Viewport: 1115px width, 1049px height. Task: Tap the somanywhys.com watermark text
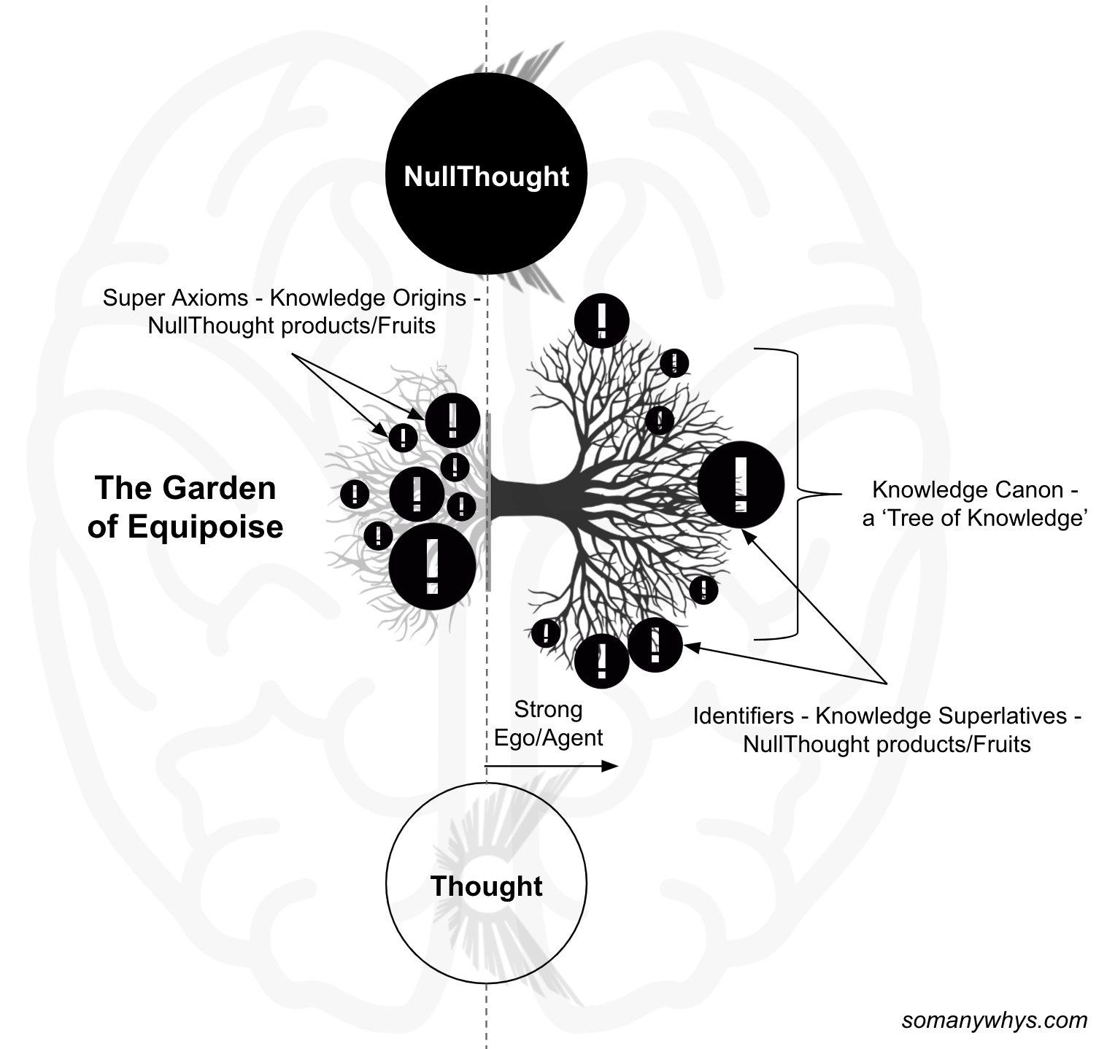click(994, 1020)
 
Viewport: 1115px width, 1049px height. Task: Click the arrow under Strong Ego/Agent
click(551, 766)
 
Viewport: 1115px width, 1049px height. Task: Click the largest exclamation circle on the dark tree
click(741, 485)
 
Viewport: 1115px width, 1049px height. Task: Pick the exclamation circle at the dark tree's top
click(601, 320)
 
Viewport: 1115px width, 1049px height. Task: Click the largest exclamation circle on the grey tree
click(432, 566)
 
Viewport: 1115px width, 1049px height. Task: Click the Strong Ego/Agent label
click(548, 723)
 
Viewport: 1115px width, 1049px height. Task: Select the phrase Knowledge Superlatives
click(941, 716)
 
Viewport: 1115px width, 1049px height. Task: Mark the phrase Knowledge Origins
click(368, 298)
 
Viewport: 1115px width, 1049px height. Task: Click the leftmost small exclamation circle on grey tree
click(355, 494)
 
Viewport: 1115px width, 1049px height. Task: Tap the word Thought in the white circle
click(486, 886)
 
